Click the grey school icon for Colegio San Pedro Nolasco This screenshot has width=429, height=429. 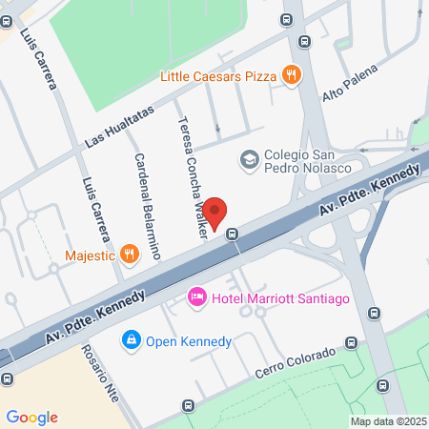click(x=249, y=158)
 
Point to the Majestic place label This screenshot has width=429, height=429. click(x=90, y=255)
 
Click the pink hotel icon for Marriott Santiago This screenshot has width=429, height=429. click(x=197, y=298)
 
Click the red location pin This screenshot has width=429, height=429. click(x=215, y=212)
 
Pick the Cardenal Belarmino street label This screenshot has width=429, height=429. click(x=145, y=204)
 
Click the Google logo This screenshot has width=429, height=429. click(x=31, y=417)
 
